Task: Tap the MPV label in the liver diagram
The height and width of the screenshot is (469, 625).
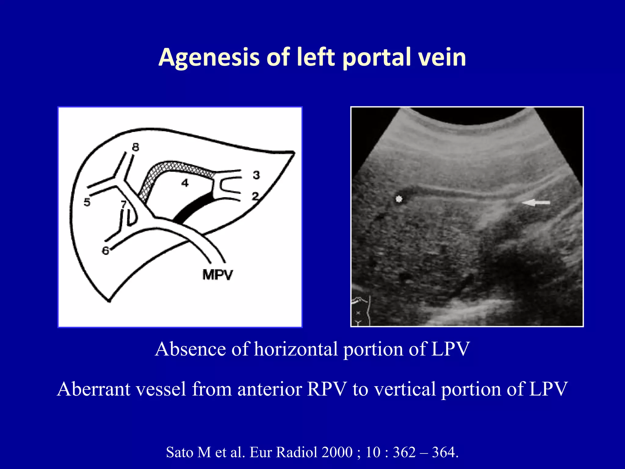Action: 217,275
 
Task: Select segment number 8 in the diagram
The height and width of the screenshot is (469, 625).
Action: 135,147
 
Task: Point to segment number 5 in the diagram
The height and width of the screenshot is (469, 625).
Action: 87,202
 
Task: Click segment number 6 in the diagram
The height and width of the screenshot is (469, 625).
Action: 106,251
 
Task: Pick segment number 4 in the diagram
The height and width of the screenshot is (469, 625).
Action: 185,183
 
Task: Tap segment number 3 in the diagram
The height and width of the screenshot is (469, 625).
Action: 256,175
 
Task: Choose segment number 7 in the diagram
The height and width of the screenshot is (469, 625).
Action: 124,204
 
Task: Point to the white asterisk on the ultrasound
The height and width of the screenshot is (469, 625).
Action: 399,199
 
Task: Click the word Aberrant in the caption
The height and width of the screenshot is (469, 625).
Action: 94,389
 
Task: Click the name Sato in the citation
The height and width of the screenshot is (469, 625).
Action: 179,452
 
